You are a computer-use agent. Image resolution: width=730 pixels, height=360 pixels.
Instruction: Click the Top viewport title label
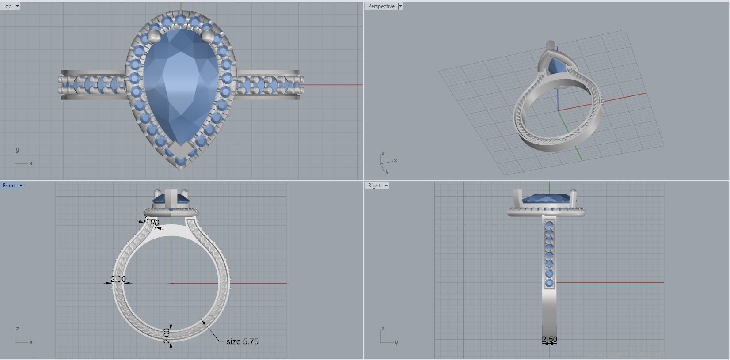click(x=7, y=6)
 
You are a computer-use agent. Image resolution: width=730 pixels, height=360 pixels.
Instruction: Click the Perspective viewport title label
click(x=381, y=6)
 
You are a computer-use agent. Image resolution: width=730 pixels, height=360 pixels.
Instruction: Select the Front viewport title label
click(x=8, y=186)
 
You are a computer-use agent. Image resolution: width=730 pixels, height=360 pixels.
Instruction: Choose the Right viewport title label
click(x=374, y=186)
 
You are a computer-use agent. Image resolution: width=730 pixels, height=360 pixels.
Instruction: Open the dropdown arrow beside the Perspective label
click(x=400, y=6)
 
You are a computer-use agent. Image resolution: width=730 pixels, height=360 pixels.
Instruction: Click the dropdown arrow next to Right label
click(x=386, y=186)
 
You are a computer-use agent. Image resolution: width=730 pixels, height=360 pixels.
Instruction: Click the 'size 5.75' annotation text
click(x=242, y=341)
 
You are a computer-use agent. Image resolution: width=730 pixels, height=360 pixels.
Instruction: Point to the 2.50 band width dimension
click(x=549, y=339)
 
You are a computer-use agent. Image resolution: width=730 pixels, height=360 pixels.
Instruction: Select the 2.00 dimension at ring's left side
click(x=118, y=279)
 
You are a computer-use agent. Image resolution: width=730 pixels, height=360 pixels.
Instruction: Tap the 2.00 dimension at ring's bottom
click(x=167, y=336)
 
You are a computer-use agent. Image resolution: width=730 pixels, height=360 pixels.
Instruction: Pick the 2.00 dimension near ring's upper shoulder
click(x=152, y=222)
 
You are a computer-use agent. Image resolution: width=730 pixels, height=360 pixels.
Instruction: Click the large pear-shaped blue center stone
click(x=181, y=88)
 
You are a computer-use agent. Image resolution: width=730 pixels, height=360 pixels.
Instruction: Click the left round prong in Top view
click(x=153, y=35)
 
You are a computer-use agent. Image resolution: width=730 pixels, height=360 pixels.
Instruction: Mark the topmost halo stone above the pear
click(x=181, y=19)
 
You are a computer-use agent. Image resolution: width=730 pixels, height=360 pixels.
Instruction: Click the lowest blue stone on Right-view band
click(x=549, y=283)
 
